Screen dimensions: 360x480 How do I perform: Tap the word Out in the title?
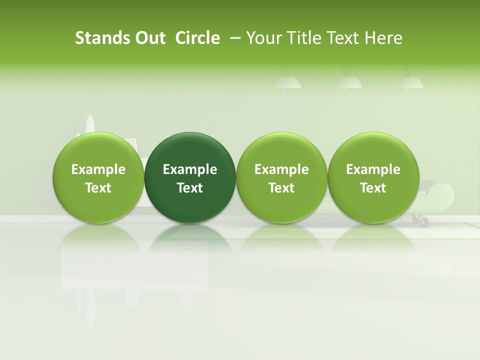[x=145, y=38]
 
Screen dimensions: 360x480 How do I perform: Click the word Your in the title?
[x=263, y=38]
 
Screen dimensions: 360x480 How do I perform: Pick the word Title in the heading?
[x=302, y=38]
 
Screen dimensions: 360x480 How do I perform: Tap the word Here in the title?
[x=383, y=38]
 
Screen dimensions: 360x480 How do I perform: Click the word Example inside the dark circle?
[x=190, y=169]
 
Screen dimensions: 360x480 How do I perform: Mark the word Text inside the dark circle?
[x=190, y=188]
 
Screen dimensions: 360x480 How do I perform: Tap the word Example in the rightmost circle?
[x=373, y=169]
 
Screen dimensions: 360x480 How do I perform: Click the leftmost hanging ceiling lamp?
[x=288, y=81]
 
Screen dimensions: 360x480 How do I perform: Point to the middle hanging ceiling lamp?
[x=349, y=81]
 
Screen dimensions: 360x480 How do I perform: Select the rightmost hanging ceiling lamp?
[x=410, y=81]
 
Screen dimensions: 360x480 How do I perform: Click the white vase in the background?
[x=90, y=124]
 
